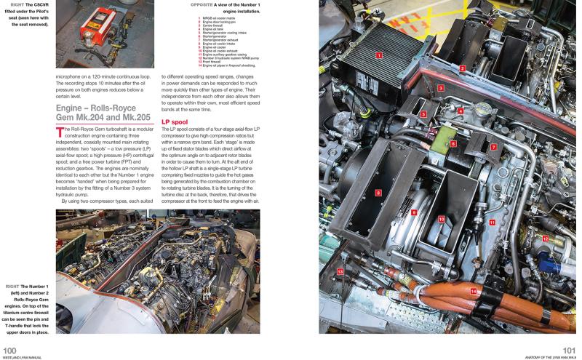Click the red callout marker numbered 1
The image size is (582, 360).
[378, 55]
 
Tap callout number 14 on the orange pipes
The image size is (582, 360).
[474, 292]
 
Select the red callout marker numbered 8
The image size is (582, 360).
[378, 193]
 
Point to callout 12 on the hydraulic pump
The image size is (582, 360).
[545, 239]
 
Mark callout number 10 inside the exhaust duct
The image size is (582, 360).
[442, 218]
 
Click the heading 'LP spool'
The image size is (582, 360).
[175, 121]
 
